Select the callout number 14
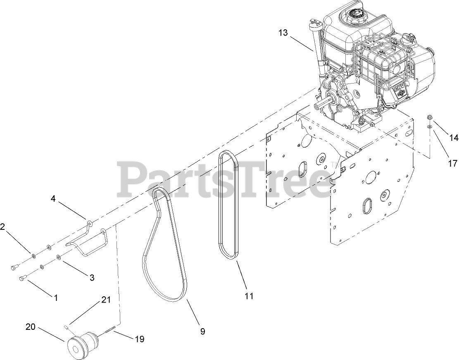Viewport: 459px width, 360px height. (x=453, y=138)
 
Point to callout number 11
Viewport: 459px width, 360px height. (x=249, y=296)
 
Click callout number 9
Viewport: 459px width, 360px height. (x=202, y=331)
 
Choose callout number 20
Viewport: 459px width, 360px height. (x=31, y=327)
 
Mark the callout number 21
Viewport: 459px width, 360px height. (x=106, y=300)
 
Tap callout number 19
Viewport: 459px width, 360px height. (x=139, y=339)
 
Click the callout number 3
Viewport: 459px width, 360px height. (x=92, y=277)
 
